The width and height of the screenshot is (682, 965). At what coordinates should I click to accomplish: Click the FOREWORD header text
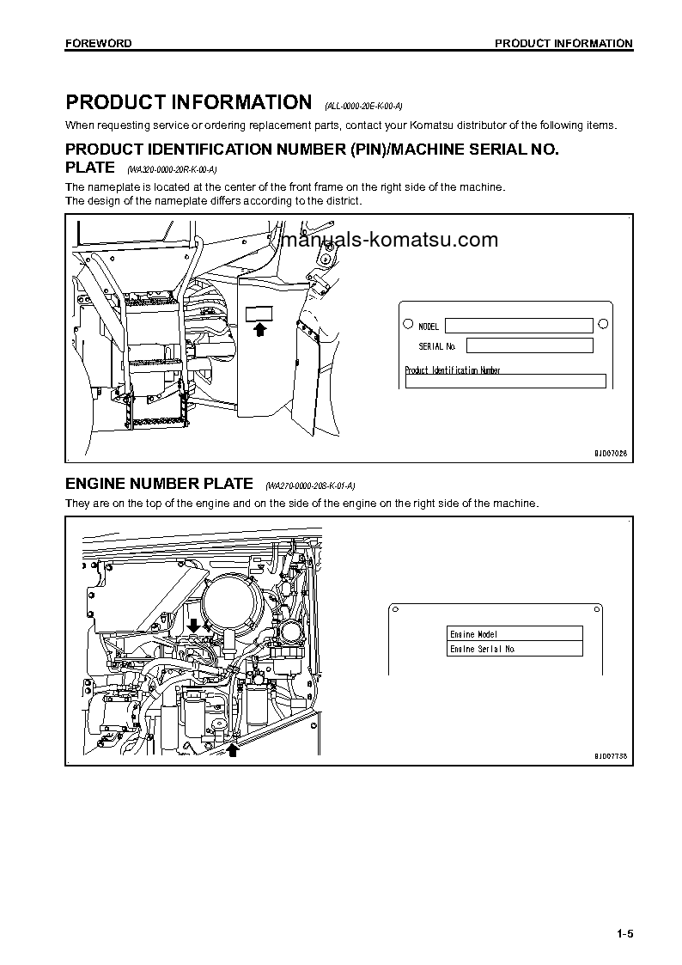click(x=98, y=43)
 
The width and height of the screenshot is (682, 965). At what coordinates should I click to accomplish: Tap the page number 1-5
click(x=624, y=934)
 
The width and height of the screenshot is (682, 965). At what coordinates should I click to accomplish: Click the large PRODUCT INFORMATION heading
click(x=188, y=103)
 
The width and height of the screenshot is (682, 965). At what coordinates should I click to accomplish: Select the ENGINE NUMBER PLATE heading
click(x=159, y=484)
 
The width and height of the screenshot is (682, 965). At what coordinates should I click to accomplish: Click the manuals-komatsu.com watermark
click(x=389, y=241)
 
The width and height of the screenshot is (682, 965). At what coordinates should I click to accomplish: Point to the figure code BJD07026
click(x=610, y=453)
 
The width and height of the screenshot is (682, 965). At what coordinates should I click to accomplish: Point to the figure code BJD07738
click(x=610, y=756)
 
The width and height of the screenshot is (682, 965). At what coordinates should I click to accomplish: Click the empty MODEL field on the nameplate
click(x=519, y=326)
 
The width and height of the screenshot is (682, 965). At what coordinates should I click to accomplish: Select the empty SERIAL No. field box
click(x=529, y=345)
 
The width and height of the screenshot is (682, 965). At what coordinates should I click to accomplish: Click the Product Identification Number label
click(x=453, y=370)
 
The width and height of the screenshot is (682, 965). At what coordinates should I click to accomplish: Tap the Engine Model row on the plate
click(x=515, y=634)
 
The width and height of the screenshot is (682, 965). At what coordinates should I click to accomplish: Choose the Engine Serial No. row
click(x=515, y=649)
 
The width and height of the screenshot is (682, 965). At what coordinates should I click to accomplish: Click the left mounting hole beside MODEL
click(x=408, y=325)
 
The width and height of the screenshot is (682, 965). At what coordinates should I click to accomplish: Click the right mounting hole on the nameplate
click(x=603, y=324)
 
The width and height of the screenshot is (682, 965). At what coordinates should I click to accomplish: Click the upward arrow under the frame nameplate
click(x=260, y=328)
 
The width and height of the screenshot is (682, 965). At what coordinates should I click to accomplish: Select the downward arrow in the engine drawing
click(x=194, y=624)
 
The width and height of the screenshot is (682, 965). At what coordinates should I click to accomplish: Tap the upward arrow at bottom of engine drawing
click(x=231, y=750)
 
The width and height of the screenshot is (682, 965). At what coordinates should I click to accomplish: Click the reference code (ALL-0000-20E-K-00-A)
click(x=363, y=107)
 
